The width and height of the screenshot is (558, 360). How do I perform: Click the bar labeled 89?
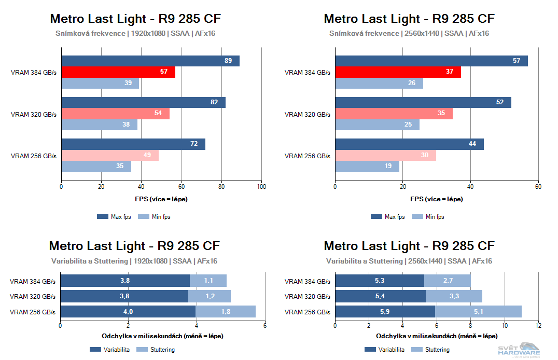click(x=150, y=61)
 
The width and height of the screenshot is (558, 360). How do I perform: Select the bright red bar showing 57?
click(x=118, y=72)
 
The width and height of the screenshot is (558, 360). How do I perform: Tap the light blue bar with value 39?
click(x=100, y=83)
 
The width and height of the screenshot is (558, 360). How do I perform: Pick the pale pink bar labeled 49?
click(x=110, y=155)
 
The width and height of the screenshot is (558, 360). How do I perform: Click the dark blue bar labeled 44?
click(x=409, y=144)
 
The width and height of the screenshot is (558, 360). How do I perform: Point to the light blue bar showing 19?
click(x=367, y=167)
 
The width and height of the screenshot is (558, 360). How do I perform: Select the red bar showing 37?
click(x=398, y=72)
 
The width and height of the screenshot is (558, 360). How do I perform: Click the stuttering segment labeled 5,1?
click(x=478, y=311)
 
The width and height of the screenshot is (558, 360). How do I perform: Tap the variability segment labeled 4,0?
click(x=128, y=311)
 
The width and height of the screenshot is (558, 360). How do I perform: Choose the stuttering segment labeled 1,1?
click(x=208, y=281)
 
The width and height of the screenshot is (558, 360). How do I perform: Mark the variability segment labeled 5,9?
click(x=385, y=311)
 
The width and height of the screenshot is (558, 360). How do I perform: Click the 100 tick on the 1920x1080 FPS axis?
click(x=262, y=187)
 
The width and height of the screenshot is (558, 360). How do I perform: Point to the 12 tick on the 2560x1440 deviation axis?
click(x=538, y=326)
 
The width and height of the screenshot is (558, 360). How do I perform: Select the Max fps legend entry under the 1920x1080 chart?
click(x=115, y=217)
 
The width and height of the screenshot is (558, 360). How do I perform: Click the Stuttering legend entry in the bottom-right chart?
click(x=433, y=350)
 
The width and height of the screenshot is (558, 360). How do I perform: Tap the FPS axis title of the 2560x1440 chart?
click(x=436, y=199)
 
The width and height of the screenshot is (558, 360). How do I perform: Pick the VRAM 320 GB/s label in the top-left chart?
click(x=33, y=114)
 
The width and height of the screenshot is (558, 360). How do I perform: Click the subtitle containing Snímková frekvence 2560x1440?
click(x=409, y=33)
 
